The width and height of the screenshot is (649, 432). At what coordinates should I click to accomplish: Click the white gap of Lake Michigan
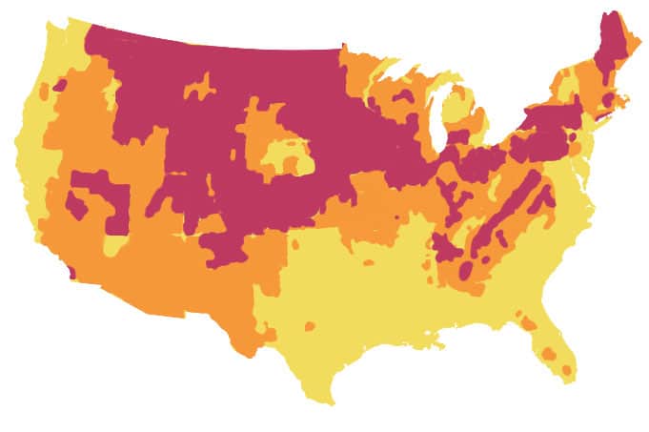click(440, 124)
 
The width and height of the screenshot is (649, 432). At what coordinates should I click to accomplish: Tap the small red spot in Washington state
click(59, 85)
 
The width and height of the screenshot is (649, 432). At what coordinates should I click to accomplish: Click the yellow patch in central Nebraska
click(291, 157)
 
